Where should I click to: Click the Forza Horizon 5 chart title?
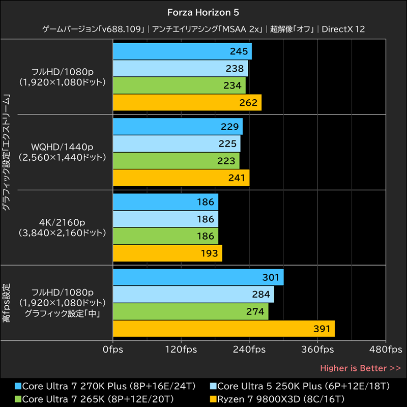pyautogui.click(x=203, y=11)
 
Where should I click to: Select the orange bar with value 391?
pyautogui.click(x=223, y=329)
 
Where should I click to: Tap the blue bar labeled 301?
pyautogui.click(x=198, y=277)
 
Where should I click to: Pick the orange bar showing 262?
pyautogui.click(x=187, y=102)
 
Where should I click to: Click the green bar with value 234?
pyautogui.click(x=179, y=85)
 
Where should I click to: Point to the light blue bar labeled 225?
pyautogui.click(x=177, y=143)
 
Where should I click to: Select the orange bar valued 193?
pyautogui.click(x=167, y=253)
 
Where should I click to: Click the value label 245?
pyautogui.click(x=238, y=51)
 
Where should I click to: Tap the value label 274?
pyautogui.click(x=255, y=312)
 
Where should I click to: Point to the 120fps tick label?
pyautogui.click(x=181, y=350)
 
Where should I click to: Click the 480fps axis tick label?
pyautogui.click(x=385, y=350)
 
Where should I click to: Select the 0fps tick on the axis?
pyautogui.click(x=112, y=350)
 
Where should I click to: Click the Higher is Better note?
pyautogui.click(x=360, y=368)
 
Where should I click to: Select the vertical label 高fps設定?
pyautogui.click(x=7, y=303)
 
